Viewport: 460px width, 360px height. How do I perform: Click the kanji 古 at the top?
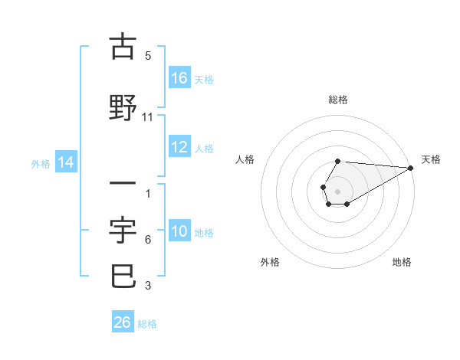tap(123, 47)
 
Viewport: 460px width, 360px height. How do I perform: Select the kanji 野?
tap(123, 107)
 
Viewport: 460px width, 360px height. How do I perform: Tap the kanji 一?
tap(123, 184)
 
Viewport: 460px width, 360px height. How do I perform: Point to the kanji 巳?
tap(123, 275)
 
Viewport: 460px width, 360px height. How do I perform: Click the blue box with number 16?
tap(179, 78)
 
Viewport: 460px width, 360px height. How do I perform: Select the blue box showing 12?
tap(179, 148)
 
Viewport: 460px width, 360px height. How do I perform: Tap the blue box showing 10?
tap(179, 232)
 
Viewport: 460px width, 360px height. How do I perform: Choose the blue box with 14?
tap(65, 162)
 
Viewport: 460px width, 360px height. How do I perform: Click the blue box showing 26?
tap(123, 322)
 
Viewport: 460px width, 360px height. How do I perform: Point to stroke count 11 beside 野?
tap(148, 117)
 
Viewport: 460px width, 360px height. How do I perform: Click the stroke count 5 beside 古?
tap(148, 56)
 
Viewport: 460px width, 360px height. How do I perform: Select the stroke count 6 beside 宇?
tap(148, 240)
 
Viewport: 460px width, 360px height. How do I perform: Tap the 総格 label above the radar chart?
tap(338, 100)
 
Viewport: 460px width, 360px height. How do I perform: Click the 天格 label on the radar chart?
tap(431, 159)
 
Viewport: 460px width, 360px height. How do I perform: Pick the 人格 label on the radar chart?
tap(245, 159)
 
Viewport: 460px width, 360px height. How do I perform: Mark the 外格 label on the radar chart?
tap(270, 262)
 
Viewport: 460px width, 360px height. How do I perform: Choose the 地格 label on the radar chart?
tap(402, 262)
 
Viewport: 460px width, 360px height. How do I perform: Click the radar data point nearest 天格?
tap(411, 168)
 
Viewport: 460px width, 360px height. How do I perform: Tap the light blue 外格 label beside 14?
tap(41, 163)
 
